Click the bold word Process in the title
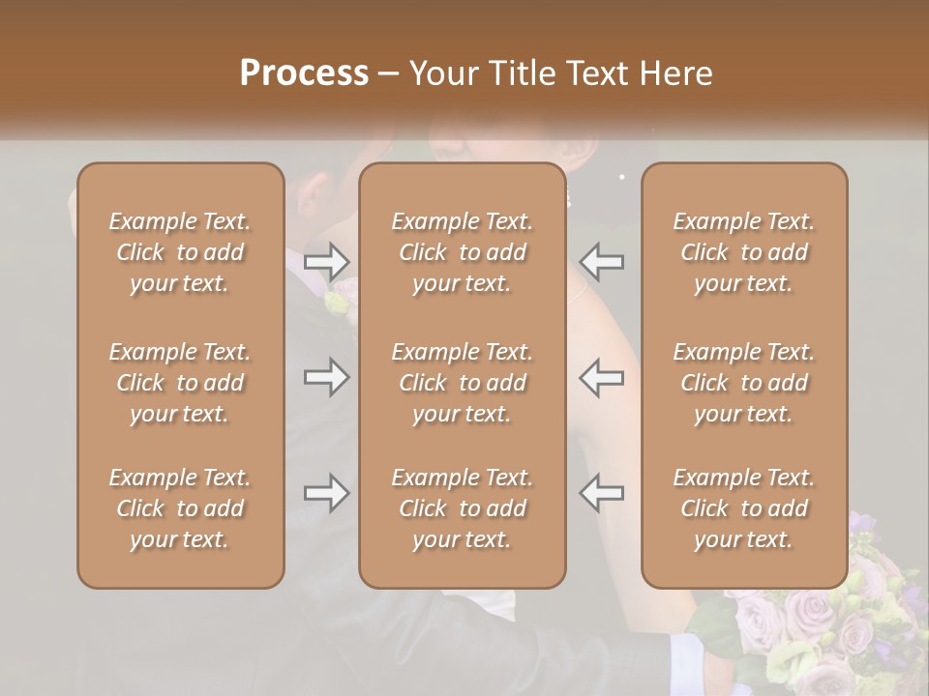point(304,73)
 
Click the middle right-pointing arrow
point(326,377)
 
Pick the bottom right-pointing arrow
point(326,494)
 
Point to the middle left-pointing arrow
point(601,377)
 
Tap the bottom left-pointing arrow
point(601,494)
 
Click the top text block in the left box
point(180,252)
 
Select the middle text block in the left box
point(180,383)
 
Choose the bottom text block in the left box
point(180,508)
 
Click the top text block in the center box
point(463,252)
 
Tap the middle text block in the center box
point(463,383)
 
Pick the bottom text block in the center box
point(463,508)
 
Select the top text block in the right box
point(744,252)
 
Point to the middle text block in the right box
point(744,383)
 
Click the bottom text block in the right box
point(744,508)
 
